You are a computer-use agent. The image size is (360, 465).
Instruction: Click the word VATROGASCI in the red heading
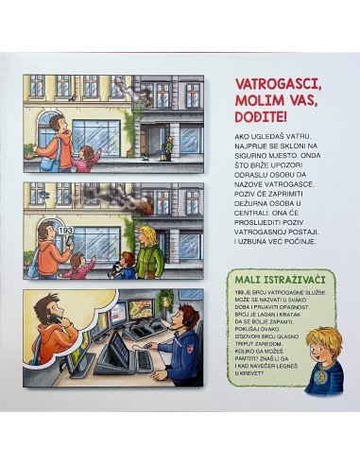[x=261, y=84]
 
